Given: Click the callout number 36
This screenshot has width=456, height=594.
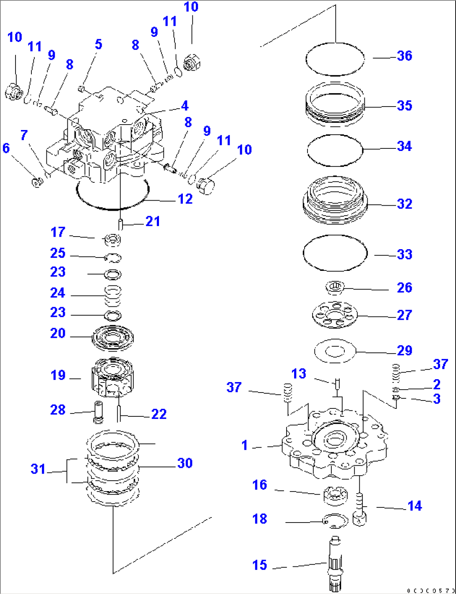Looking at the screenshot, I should [404, 56].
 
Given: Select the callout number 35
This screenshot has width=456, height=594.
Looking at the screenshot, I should [404, 106].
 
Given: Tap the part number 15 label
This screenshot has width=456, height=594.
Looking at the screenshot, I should [259, 565].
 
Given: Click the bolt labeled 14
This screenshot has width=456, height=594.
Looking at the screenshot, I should [360, 508].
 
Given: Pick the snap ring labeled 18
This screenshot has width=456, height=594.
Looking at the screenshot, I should [336, 520].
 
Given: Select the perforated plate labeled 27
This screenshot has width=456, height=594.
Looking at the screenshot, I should [335, 314].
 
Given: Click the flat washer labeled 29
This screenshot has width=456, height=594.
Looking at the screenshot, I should [335, 351].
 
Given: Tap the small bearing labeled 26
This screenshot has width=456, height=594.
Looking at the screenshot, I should [335, 287].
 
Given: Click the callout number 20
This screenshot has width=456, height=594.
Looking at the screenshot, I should [58, 334].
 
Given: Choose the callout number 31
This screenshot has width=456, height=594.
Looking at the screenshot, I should [38, 469].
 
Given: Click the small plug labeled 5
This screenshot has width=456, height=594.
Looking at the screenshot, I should [82, 89].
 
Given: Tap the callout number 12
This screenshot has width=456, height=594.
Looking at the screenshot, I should [185, 199].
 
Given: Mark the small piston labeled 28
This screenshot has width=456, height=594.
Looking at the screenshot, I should [99, 410].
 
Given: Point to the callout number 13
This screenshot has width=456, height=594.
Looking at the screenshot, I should [299, 374].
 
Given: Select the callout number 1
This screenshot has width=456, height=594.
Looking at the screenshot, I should [245, 446].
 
